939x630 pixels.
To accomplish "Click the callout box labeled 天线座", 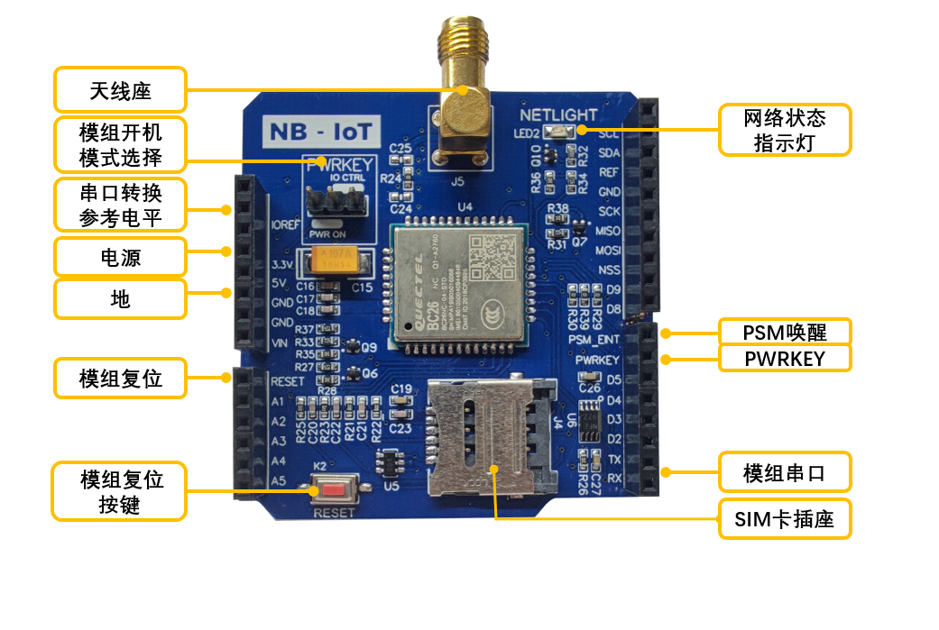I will click(120, 90).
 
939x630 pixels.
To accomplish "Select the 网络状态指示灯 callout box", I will click(784, 130).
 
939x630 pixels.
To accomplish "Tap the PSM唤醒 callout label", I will click(784, 332).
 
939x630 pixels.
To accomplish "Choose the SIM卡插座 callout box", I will click(784, 518).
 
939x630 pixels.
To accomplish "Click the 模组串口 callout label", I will click(784, 472).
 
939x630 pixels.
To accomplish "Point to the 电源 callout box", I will click(120, 257).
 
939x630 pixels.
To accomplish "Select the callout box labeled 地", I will click(120, 298).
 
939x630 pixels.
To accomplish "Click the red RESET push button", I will click(333, 491).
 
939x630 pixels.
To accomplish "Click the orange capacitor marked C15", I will click(336, 262).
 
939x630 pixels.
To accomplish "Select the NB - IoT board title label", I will click(321, 132).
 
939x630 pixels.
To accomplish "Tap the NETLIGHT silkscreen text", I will click(558, 115).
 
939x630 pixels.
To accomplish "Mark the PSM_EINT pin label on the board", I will click(594, 339).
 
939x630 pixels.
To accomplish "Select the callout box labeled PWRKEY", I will click(784, 358).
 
